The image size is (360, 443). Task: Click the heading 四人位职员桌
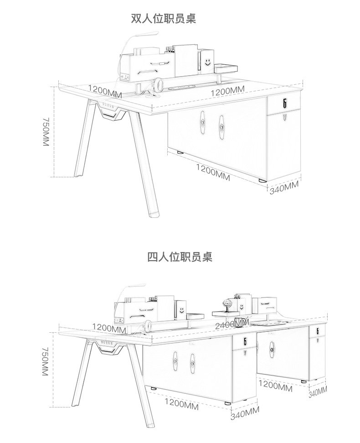pos(180,257)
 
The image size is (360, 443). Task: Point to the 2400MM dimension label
pos(232,324)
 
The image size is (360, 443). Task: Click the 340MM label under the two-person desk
pos(284,187)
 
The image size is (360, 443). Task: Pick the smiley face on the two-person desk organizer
pos(208,61)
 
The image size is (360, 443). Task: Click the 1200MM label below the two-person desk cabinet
pos(213,170)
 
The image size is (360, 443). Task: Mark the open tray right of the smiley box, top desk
pos(226,68)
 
